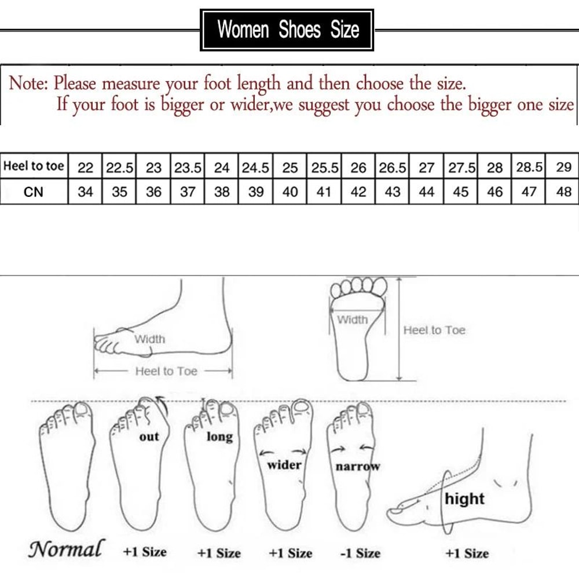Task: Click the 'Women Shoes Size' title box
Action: tap(287, 30)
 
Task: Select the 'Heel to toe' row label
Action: tap(34, 167)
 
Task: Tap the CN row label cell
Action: tap(34, 192)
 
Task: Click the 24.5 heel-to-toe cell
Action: tap(256, 168)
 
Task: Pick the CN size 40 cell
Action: tap(290, 192)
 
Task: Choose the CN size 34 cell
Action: tap(85, 192)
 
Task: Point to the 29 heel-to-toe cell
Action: tap(563, 168)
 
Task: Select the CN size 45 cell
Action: tap(461, 192)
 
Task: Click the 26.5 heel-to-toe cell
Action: tap(393, 168)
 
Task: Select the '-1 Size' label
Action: tap(360, 553)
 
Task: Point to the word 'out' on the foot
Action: tap(149, 437)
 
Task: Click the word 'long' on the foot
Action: tap(219, 436)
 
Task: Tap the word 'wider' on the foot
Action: tap(284, 464)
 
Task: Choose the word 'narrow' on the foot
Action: tap(357, 466)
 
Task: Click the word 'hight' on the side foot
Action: tap(464, 499)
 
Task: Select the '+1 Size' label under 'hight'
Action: tap(468, 553)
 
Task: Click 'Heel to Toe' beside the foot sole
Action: tap(434, 330)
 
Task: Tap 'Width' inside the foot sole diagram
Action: tap(352, 320)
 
